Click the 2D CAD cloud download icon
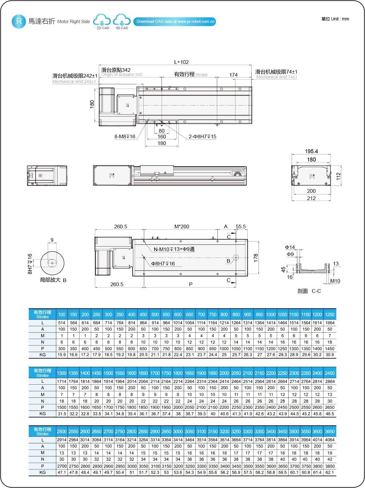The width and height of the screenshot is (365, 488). tap(102, 20)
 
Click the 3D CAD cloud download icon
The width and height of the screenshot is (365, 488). tap(122, 20)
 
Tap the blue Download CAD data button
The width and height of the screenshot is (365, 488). tap(175, 22)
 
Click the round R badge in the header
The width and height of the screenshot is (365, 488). tap(19, 21)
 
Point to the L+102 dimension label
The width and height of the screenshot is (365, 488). tap(181, 62)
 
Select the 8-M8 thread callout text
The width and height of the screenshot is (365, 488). tap(125, 137)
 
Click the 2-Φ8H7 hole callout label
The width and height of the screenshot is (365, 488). tap(202, 137)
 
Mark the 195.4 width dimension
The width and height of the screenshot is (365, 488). tap(311, 151)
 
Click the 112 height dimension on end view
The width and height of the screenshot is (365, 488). tap(338, 176)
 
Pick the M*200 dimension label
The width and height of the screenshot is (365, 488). tap(182, 227)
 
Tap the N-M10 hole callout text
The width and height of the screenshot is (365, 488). tap(174, 249)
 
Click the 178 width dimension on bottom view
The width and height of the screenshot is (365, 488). tap(256, 258)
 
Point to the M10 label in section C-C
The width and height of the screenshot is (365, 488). tap(335, 281)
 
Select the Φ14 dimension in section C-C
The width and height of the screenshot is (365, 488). tap(290, 247)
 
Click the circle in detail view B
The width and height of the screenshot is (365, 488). tap(52, 263)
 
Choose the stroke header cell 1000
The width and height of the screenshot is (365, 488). tap(271, 315)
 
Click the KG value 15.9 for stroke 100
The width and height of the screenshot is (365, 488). tap(62, 355)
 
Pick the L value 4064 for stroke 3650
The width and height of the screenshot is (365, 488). tap(330, 440)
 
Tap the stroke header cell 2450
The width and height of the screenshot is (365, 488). tap(330, 373)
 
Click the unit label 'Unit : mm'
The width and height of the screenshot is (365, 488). tap(335, 19)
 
